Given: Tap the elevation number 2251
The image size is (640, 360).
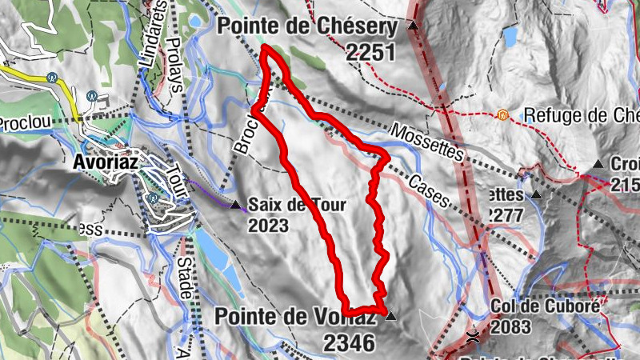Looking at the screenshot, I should point(372,53).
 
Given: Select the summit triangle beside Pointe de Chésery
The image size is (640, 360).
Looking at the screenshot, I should point(413,26).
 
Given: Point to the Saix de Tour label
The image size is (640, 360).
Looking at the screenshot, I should point(297,205).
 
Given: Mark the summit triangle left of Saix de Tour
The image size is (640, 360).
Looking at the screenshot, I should point(235,206).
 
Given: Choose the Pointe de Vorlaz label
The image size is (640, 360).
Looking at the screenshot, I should point(294,317).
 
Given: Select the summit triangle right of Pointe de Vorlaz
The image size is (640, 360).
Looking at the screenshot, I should point(390,317).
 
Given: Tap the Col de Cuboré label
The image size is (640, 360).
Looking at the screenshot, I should point(544,306).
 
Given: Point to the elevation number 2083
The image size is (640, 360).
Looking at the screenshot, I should point(517,326).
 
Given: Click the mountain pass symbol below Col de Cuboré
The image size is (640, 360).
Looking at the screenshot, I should point(474,337).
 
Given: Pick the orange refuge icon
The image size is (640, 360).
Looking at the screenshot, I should point(502,115).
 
